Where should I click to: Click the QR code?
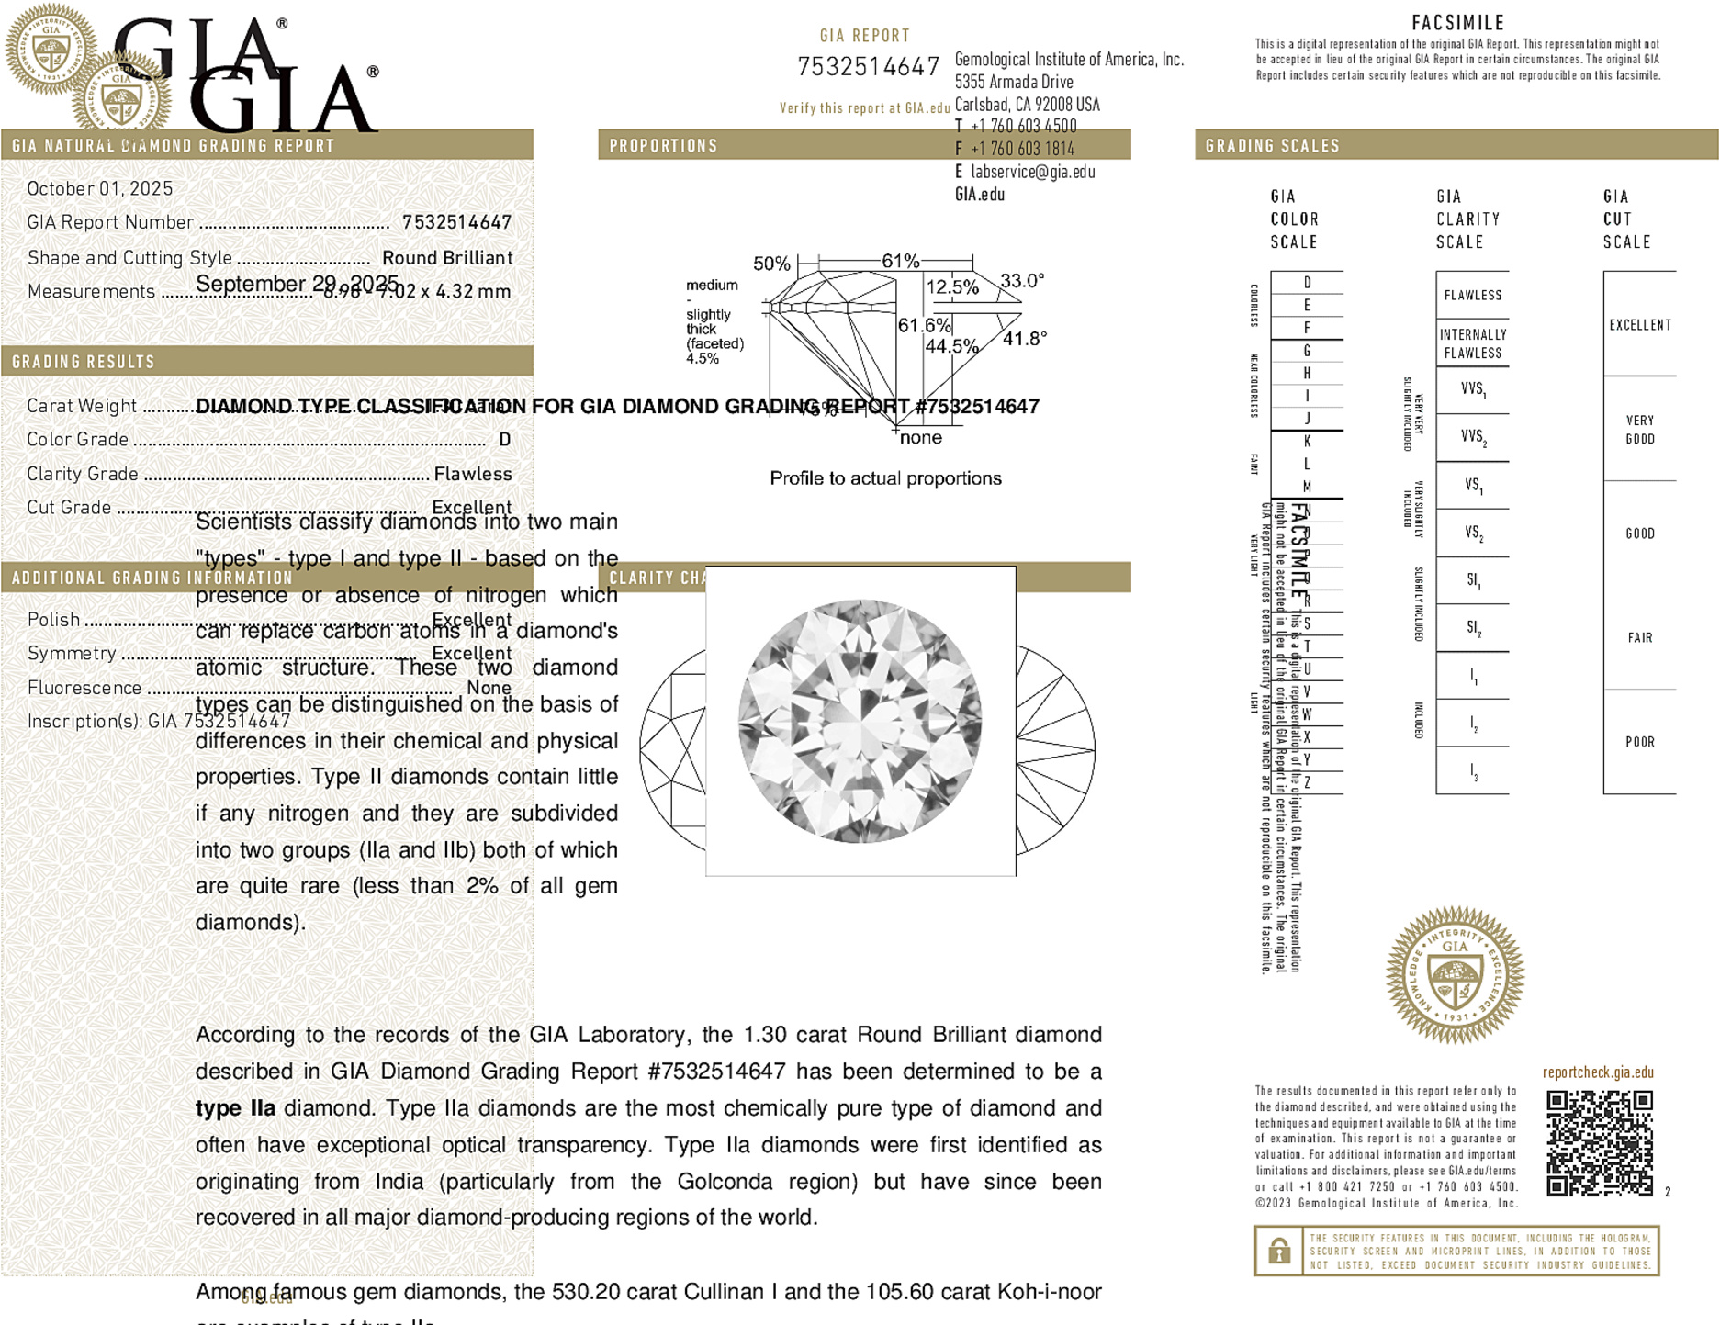tap(1599, 1143)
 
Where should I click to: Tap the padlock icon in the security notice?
tap(1278, 1251)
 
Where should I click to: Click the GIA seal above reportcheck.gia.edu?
tap(1455, 974)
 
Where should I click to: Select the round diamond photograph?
tap(860, 721)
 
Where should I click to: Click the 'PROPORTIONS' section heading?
tap(663, 146)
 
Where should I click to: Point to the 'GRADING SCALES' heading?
tap(1272, 146)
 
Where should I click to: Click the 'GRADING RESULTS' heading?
tap(84, 362)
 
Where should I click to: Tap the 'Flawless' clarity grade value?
tap(473, 474)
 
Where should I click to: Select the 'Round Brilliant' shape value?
tap(447, 258)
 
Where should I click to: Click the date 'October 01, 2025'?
tap(100, 188)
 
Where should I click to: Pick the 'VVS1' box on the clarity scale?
tap(1473, 389)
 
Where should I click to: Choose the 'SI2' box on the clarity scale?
tap(1473, 628)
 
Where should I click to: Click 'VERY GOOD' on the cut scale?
tap(1640, 430)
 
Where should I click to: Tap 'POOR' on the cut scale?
tap(1640, 742)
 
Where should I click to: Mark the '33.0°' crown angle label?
tap(1022, 280)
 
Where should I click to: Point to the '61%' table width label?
tap(900, 261)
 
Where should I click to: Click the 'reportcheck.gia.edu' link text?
tap(1598, 1072)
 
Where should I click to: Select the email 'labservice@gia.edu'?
tap(1032, 172)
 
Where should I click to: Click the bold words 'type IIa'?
tap(235, 1108)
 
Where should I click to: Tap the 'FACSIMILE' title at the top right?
tap(1457, 22)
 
